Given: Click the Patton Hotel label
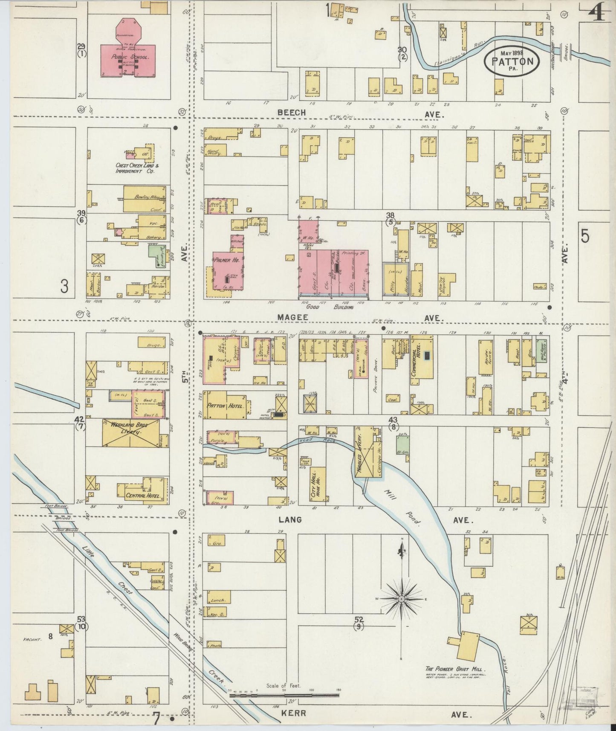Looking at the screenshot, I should [x=226, y=406].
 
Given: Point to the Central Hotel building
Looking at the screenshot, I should [x=142, y=496].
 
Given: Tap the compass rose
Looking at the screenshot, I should [x=401, y=599].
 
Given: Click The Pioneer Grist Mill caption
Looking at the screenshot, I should [x=456, y=669].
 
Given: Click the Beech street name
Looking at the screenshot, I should [x=292, y=113].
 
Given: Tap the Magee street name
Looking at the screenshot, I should [x=292, y=318].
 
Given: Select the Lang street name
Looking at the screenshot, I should [x=290, y=520].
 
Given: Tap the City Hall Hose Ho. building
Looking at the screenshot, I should [x=317, y=484].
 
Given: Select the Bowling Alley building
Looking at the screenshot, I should [x=145, y=199].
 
